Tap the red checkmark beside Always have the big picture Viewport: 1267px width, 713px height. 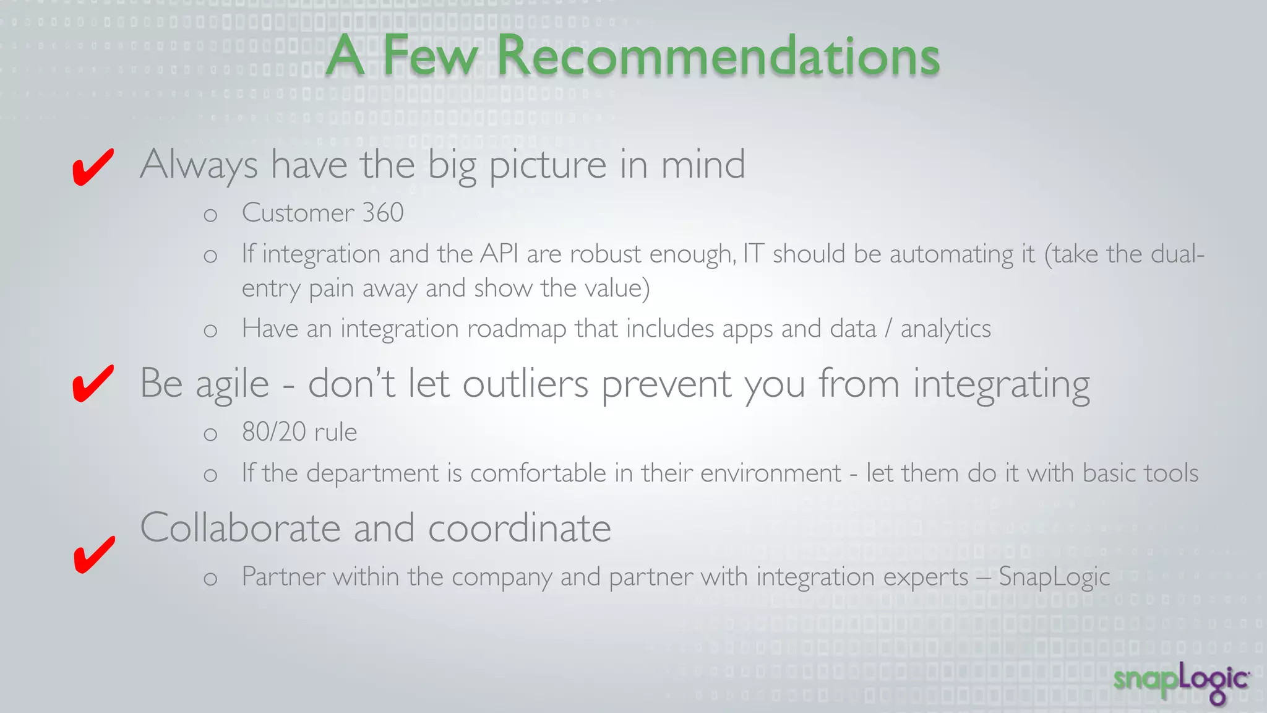click(93, 167)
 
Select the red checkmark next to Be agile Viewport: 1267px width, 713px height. click(93, 383)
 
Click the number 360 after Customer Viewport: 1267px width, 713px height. click(383, 213)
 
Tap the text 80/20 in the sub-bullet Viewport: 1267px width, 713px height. click(273, 432)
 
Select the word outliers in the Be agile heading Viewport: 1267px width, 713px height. click(525, 384)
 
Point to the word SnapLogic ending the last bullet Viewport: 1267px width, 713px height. click(1054, 577)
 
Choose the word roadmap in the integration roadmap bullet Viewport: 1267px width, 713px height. click(517, 329)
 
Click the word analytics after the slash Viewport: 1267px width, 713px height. click(945, 329)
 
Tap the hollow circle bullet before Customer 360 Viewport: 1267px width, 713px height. click(210, 215)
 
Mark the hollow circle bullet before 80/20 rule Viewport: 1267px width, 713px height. click(210, 434)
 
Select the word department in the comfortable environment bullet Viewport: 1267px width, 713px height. click(372, 473)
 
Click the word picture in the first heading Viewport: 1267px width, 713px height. click(548, 165)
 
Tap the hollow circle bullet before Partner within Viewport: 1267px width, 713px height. click(210, 579)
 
